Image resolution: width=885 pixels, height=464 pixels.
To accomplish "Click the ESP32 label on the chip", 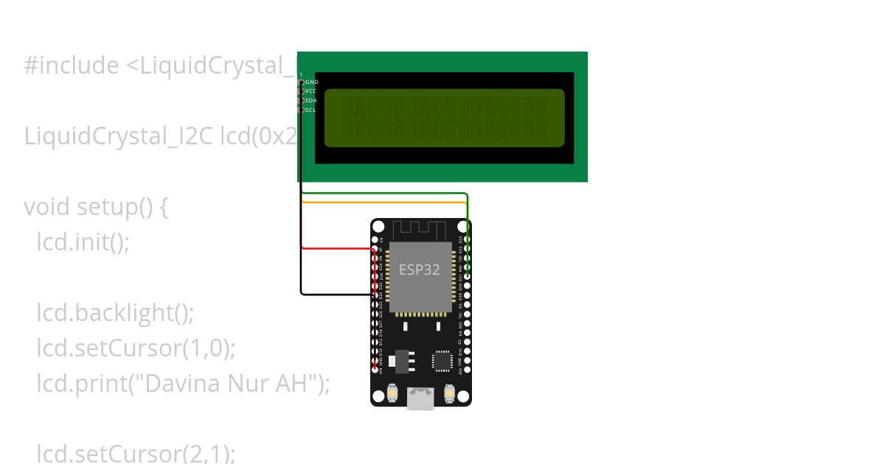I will [x=419, y=270].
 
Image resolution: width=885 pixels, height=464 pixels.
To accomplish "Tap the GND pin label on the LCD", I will [x=311, y=82].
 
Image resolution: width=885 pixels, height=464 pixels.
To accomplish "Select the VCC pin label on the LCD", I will [x=310, y=91].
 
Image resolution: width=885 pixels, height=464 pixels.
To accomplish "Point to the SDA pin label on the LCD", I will [x=310, y=100].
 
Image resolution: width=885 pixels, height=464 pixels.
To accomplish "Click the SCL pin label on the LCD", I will [x=310, y=110].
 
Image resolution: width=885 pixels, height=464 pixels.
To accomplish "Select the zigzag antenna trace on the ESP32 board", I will [x=421, y=229].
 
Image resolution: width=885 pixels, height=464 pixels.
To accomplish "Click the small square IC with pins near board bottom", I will [x=442, y=361].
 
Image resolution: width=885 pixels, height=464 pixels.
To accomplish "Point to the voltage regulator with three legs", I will [x=400, y=360].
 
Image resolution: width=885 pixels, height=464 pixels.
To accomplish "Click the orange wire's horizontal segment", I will [x=383, y=202].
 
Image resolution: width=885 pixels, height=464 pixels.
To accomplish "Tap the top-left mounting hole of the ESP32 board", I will [x=379, y=227].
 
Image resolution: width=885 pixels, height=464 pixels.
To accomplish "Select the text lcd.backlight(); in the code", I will [x=115, y=312].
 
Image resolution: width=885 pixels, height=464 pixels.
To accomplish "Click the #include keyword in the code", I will [x=71, y=66].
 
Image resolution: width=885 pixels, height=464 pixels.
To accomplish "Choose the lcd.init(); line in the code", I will [x=83, y=242].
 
